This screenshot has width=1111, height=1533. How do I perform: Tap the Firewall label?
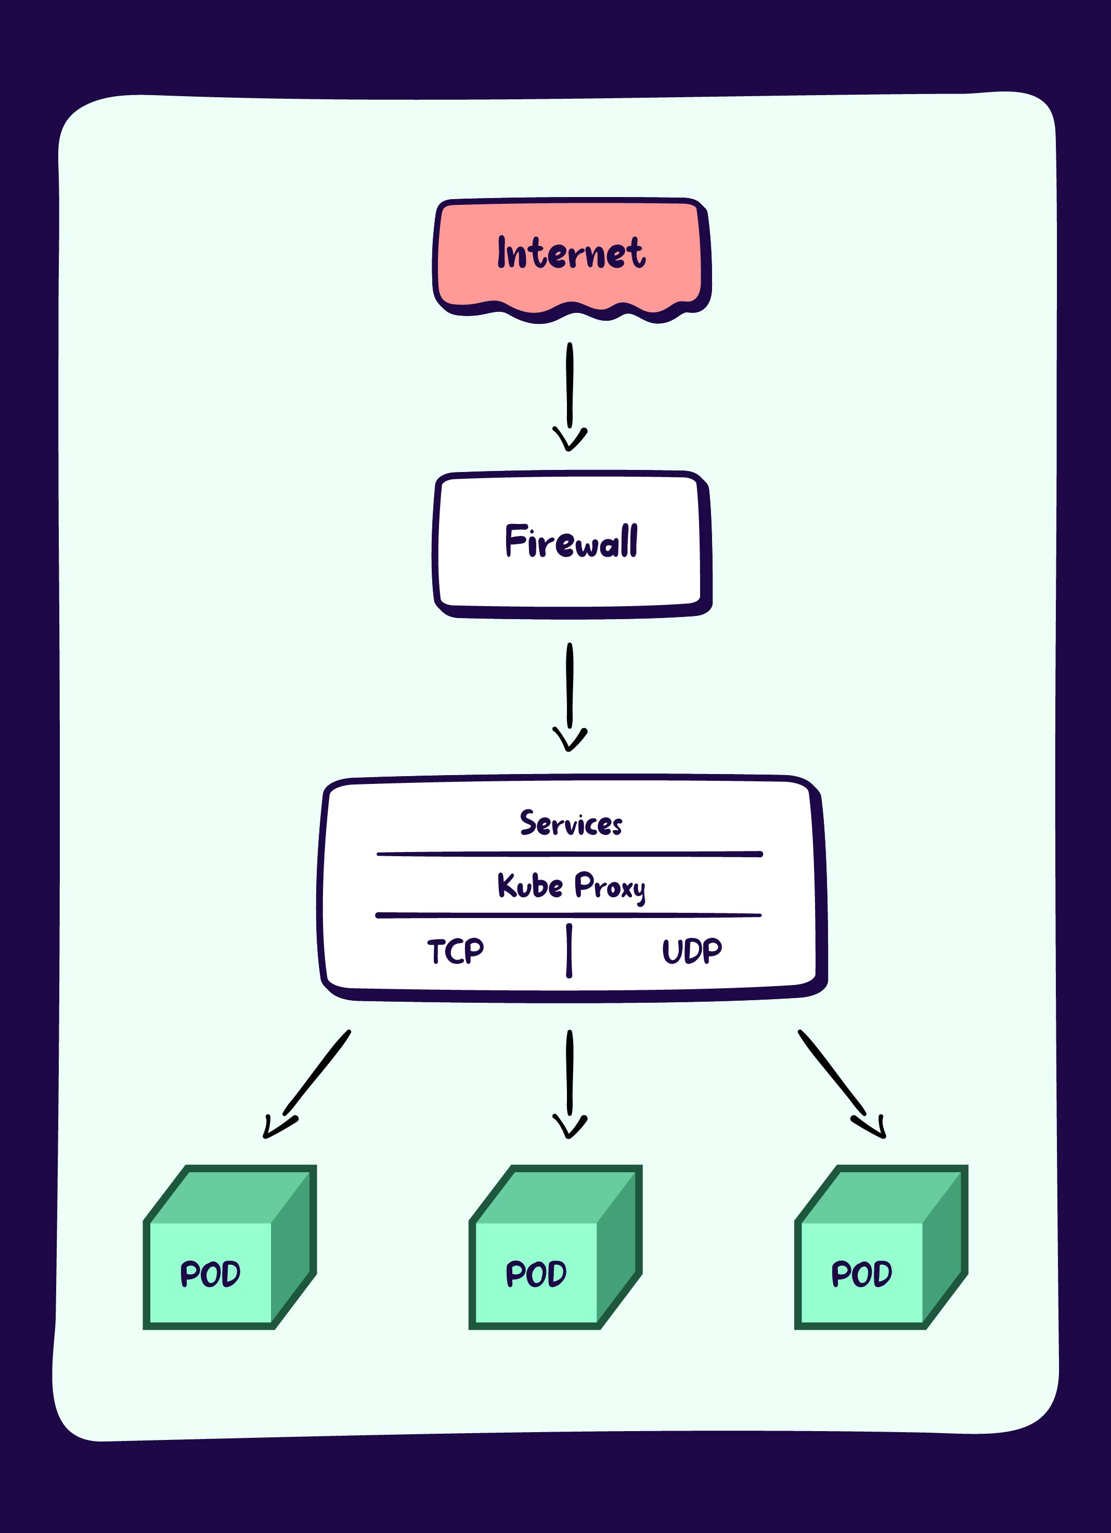[572, 542]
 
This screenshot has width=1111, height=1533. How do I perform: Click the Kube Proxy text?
[572, 886]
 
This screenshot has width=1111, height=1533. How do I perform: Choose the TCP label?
[455, 952]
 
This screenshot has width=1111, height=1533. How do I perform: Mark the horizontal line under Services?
[570, 855]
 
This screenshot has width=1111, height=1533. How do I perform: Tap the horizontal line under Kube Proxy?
[568, 915]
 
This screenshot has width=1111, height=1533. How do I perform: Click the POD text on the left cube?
[210, 1275]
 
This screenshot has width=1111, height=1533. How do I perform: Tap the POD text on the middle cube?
[536, 1275]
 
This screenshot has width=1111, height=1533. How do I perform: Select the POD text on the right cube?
[861, 1275]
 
